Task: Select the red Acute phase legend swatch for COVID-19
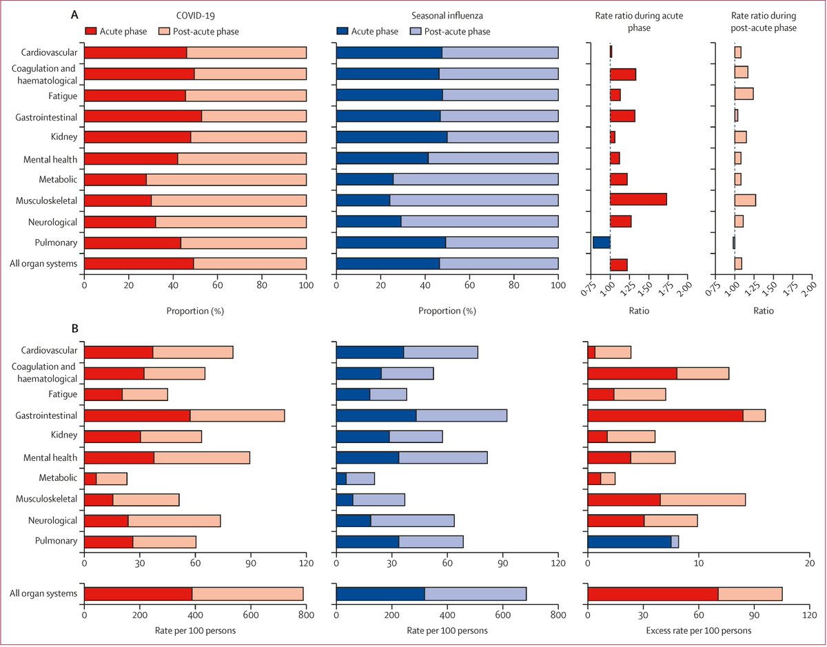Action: [x=92, y=31]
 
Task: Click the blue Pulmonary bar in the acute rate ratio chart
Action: [x=602, y=243]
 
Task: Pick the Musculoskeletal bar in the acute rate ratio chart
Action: [x=638, y=200]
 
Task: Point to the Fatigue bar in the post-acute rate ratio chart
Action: [x=744, y=94]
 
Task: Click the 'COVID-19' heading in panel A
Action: [x=194, y=17]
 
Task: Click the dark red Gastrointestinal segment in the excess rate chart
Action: [x=665, y=415]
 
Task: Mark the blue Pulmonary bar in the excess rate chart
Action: [x=629, y=542]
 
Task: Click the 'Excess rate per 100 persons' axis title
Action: [x=697, y=630]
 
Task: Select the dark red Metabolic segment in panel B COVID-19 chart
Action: [x=90, y=479]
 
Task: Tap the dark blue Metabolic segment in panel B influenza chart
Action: [x=341, y=479]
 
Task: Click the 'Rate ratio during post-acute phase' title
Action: [x=764, y=23]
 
